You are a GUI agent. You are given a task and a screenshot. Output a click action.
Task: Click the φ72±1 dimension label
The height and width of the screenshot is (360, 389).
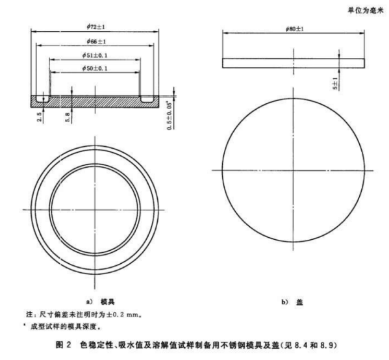coord(95,27)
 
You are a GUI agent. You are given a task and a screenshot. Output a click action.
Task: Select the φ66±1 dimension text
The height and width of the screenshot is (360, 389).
coord(96,42)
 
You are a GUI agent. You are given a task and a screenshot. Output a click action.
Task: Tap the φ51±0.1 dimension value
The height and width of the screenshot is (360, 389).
coord(95,55)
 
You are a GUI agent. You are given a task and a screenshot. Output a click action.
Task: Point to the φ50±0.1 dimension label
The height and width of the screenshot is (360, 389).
coord(95,68)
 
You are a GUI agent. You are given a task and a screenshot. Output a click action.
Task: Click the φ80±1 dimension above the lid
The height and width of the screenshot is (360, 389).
coord(294,29)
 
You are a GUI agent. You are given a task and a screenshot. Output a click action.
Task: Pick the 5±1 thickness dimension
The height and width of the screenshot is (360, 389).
coord(335,83)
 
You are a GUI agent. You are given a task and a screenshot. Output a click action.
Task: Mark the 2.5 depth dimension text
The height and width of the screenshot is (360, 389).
coord(39,117)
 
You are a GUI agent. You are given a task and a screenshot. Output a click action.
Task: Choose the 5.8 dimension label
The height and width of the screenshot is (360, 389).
coord(68,117)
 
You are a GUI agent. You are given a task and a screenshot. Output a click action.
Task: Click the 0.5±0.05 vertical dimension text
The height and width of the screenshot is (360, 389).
coord(169,115)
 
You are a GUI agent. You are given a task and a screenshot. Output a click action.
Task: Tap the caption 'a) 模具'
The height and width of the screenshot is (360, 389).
coord(100,302)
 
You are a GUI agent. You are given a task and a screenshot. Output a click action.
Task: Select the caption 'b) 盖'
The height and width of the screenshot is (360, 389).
coord(292,302)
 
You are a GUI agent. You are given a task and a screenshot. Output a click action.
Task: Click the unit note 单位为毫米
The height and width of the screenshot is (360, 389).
coord(366,10)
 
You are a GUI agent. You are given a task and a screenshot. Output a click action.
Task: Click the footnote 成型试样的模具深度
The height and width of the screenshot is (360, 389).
coord(66,326)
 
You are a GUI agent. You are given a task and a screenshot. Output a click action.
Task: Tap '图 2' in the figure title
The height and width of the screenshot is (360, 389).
coord(64,345)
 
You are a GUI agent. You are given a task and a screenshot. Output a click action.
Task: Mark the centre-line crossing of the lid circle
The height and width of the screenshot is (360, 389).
coord(294,170)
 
